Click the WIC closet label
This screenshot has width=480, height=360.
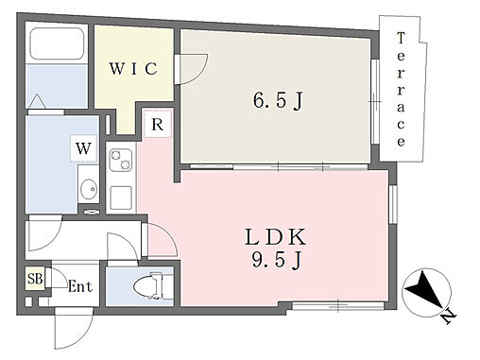coord(133,68)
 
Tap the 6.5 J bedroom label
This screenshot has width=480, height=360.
coord(278,100)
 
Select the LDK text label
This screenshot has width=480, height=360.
coord(275,237)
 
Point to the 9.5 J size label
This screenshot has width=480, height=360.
coord(277,261)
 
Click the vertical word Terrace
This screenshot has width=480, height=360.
coord(401,90)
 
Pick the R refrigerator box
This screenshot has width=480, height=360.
coord(158,124)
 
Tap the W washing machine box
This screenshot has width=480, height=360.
coord(83,148)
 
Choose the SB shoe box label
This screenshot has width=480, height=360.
coord(35,279)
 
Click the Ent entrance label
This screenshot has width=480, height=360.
coord(80,286)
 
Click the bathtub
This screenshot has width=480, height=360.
coord(57,43)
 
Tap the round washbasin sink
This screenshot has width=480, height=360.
coord(89,189)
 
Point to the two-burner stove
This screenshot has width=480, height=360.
coord(120,160)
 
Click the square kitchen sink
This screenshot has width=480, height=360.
coord(121,197)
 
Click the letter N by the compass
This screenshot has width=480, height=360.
coord(449,317)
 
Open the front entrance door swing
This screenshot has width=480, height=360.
coord(74,328)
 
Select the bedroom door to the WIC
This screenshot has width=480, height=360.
coord(191,69)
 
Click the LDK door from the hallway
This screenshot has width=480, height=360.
coord(160,240)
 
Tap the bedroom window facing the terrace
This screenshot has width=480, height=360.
coord(374,101)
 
